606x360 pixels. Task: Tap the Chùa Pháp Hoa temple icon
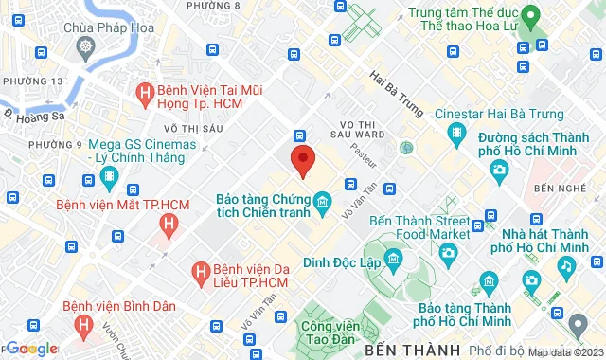(x=86, y=45)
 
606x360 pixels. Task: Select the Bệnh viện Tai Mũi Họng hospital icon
(x=145, y=93)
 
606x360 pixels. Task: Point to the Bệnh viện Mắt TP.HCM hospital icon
(x=169, y=224)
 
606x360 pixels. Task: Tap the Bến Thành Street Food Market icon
(x=448, y=252)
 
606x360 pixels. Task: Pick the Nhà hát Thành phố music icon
(x=565, y=266)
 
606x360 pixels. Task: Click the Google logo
(x=31, y=349)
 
